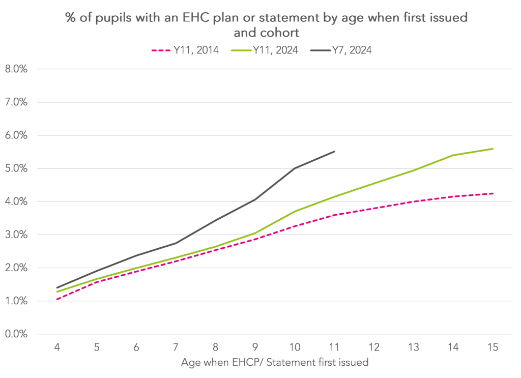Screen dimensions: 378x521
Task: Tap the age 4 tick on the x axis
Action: tap(57, 348)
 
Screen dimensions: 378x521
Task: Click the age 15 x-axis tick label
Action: tap(493, 348)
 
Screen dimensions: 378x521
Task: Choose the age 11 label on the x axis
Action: tap(334, 348)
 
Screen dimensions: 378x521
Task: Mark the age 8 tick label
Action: tap(215, 348)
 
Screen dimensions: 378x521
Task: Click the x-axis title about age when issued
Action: tap(274, 363)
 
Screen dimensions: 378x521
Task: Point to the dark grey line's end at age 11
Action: tap(334, 151)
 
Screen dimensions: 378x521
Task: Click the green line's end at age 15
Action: tap(493, 149)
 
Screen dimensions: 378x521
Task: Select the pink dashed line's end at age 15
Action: tap(493, 193)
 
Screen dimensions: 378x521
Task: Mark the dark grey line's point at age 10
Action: tap(295, 168)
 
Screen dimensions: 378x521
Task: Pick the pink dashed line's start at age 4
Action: tap(57, 299)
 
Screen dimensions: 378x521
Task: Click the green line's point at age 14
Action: tap(453, 155)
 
